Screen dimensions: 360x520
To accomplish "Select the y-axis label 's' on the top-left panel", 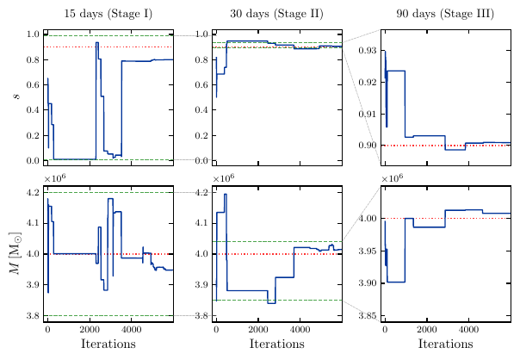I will (x=15, y=96).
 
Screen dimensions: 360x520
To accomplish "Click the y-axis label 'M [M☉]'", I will (x=15, y=253).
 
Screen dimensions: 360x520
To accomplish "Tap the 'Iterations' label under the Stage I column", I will (x=109, y=344).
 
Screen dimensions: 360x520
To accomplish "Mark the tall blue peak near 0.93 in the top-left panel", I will (x=96, y=42).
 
